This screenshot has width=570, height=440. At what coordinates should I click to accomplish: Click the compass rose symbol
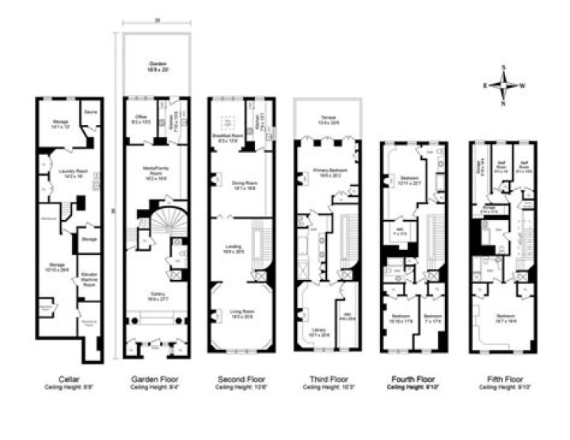pyautogui.click(x=502, y=85)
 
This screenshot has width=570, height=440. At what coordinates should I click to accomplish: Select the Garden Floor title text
pyautogui.click(x=152, y=379)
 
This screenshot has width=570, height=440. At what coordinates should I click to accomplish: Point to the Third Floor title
pyautogui.click(x=324, y=379)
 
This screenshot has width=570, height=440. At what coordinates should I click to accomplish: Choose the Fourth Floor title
pyautogui.click(x=412, y=379)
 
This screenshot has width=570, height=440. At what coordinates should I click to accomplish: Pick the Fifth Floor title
pyautogui.click(x=500, y=379)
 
